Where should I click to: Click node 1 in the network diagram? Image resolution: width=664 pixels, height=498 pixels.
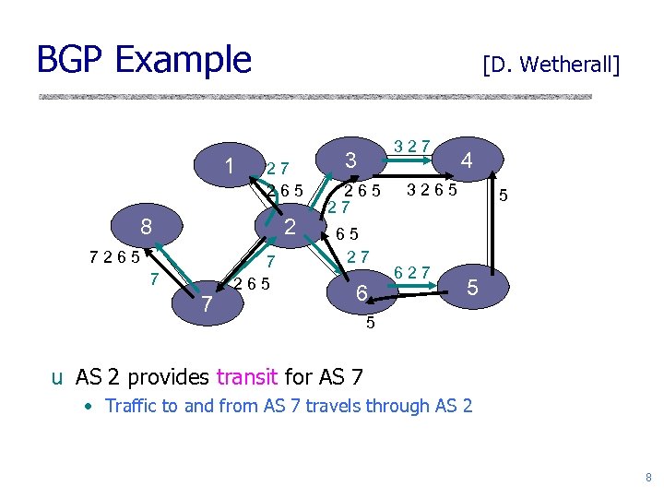tap(229, 166)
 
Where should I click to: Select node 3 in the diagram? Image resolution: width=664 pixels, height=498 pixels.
tap(350, 160)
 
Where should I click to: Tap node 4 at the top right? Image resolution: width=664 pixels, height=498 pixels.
tap(467, 160)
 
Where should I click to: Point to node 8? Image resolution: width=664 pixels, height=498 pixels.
tap(146, 227)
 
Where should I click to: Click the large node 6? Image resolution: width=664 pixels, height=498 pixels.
tap(362, 293)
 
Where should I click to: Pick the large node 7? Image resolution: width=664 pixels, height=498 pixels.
tap(208, 302)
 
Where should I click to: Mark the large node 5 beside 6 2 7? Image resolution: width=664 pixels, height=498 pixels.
tap(471, 287)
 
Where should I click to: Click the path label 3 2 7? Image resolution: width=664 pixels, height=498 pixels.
tap(411, 145)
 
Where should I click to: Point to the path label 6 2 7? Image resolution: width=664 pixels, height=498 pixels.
tap(411, 271)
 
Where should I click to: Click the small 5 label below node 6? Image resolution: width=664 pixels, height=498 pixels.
tap(369, 323)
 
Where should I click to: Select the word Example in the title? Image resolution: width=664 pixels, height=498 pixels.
tap(183, 60)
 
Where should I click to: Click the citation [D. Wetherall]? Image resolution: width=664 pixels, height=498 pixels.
tap(551, 65)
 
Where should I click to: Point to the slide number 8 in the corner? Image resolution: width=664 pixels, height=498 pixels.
tap(648, 478)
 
